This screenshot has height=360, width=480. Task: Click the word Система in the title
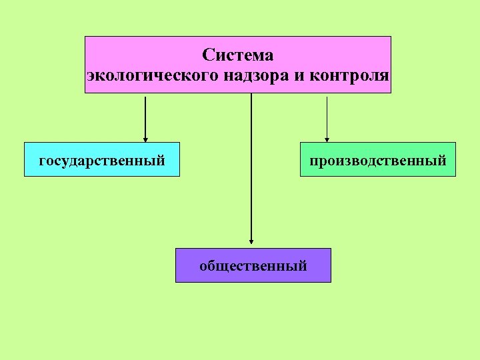[x=238, y=55]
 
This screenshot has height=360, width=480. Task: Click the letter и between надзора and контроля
[x=297, y=75]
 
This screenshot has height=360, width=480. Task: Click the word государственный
[x=102, y=160]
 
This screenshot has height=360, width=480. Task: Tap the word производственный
[x=378, y=160]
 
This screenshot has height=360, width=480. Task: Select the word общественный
[x=253, y=266]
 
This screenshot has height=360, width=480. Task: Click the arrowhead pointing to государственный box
[x=145, y=138]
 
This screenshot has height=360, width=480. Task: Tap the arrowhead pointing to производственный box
[x=327, y=139]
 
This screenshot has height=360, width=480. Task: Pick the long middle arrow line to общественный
[x=251, y=167]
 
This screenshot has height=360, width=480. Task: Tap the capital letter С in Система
[x=207, y=55]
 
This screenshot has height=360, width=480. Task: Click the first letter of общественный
[x=203, y=267]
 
